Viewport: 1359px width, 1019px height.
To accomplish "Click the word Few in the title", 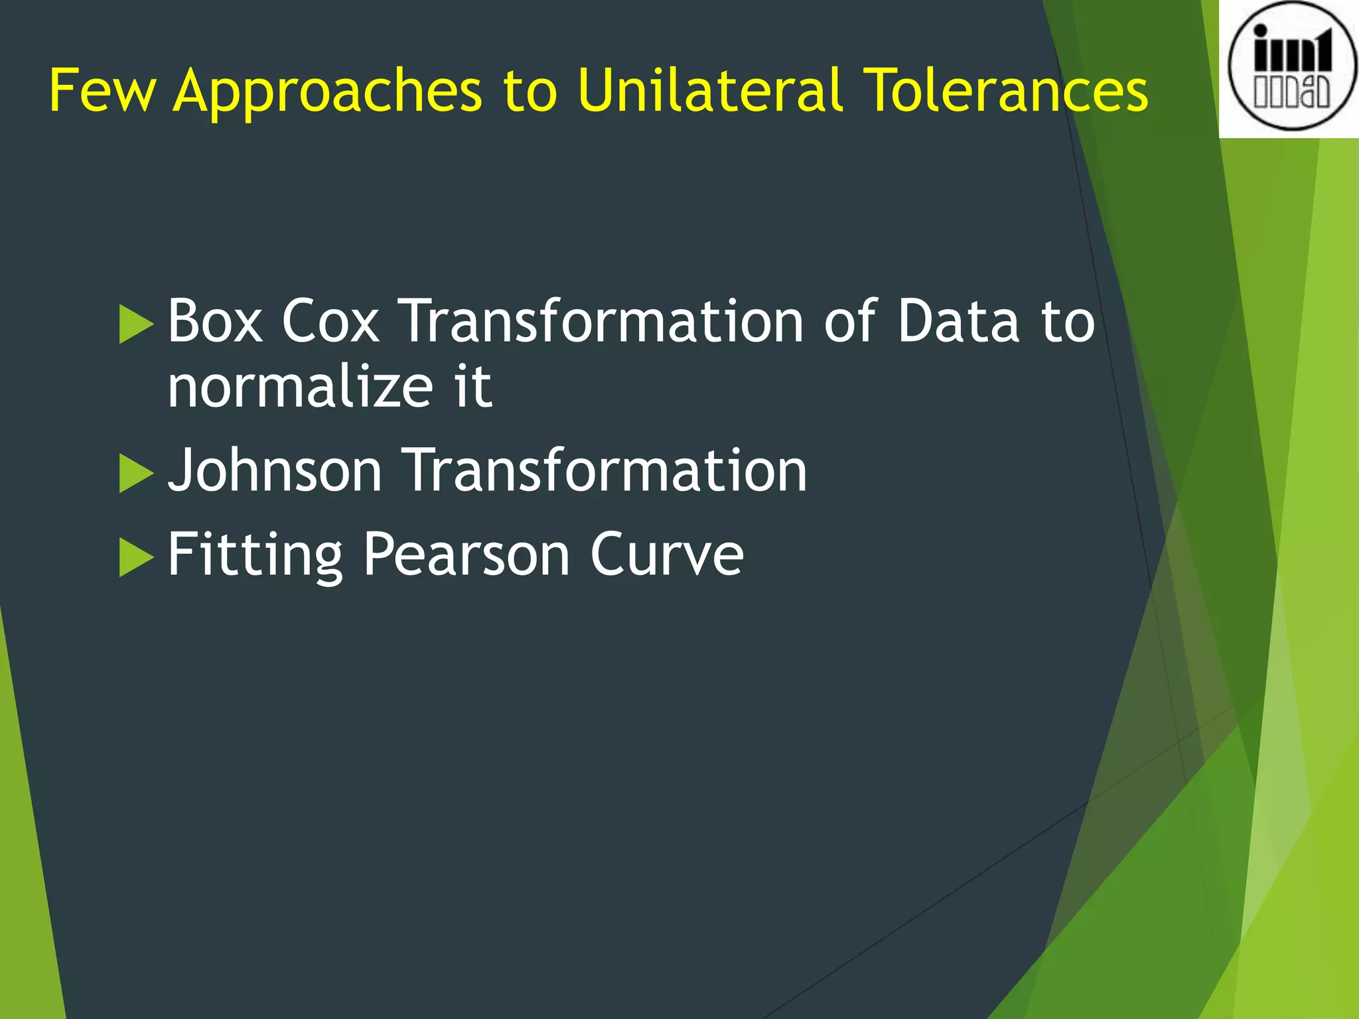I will point(103,90).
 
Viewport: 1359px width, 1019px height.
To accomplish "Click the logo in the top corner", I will point(1291,68).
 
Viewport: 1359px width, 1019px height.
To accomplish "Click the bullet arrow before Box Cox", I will point(135,324).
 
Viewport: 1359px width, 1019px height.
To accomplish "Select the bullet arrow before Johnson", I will point(135,474).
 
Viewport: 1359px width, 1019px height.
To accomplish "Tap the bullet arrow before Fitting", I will point(135,557).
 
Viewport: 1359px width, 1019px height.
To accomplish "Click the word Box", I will point(215,321).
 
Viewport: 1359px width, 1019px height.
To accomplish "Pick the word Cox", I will point(330,321).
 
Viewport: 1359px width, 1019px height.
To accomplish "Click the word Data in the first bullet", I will point(958,321).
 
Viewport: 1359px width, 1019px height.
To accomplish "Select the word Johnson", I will point(275,471).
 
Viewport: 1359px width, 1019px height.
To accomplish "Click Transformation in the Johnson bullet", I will point(605,471).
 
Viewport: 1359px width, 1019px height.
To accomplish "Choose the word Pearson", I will point(466,555).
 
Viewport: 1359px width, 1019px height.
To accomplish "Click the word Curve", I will point(667,555).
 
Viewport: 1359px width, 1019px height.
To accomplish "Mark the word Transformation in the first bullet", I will point(603,321).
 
